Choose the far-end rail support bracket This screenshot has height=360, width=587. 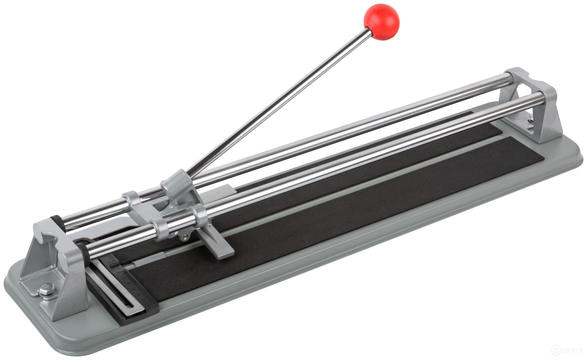(x=536, y=105)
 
